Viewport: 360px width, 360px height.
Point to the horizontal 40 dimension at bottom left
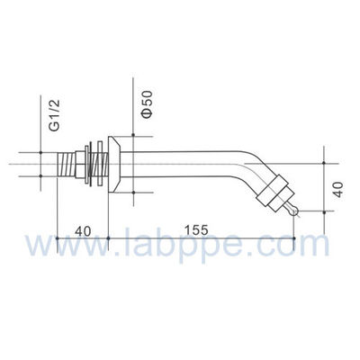point(82,229)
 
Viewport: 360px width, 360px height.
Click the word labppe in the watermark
point(198,247)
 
